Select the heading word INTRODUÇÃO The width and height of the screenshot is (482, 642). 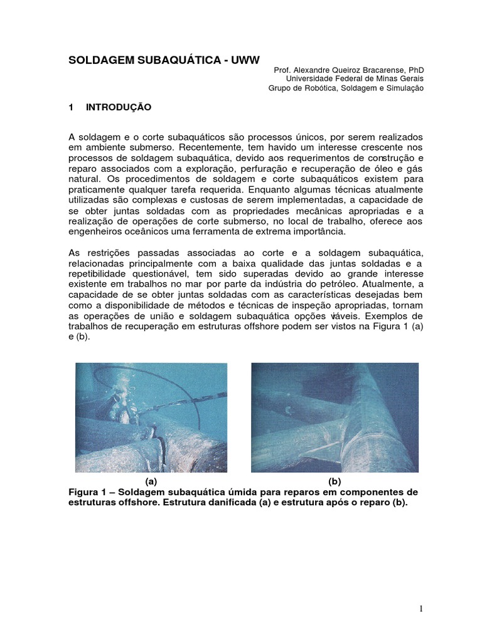pyautogui.click(x=119, y=107)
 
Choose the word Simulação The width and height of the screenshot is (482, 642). pyautogui.click(x=402, y=88)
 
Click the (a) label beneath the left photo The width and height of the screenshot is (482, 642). pyautogui.click(x=151, y=481)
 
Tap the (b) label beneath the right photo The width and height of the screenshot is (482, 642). pyautogui.click(x=335, y=481)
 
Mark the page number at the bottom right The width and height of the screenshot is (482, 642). pyautogui.click(x=422, y=609)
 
